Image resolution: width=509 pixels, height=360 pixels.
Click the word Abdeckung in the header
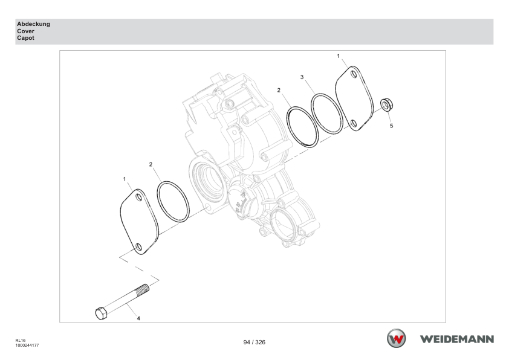[33, 24]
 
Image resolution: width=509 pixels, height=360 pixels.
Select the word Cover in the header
[25, 31]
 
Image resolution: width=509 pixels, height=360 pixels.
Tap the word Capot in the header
[25, 38]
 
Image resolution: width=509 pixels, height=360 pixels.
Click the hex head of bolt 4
[102, 313]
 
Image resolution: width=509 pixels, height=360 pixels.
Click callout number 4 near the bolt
[138, 318]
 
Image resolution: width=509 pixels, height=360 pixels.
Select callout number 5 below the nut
[391, 126]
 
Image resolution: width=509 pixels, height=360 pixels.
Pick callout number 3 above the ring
[302, 77]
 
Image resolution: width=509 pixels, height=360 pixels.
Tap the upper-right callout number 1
[339, 56]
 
